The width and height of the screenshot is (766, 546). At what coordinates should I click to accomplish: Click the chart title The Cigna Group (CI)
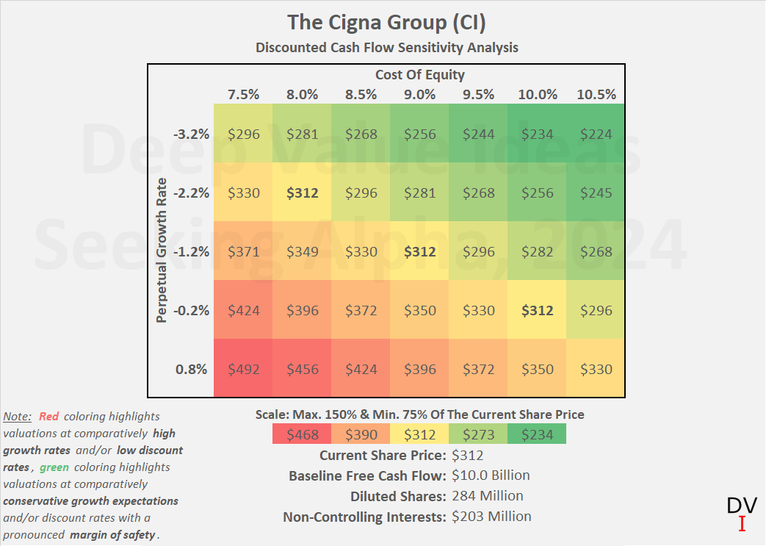(x=386, y=22)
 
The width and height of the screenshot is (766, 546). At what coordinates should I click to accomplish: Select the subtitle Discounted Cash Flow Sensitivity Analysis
(x=386, y=48)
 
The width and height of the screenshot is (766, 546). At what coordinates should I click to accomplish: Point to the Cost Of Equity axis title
(x=419, y=74)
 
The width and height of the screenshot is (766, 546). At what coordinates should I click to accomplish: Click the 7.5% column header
(x=243, y=94)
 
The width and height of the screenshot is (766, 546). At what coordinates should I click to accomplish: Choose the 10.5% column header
(x=596, y=94)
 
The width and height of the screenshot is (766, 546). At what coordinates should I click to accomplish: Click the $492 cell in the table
(x=243, y=369)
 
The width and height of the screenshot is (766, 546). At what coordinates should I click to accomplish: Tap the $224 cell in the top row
(x=596, y=134)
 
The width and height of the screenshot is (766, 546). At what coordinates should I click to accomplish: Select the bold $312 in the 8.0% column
(x=302, y=193)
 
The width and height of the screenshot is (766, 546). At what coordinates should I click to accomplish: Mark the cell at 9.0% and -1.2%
(x=419, y=251)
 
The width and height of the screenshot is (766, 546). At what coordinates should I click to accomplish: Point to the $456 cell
(x=302, y=369)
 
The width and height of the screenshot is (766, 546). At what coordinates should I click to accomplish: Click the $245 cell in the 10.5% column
(x=596, y=193)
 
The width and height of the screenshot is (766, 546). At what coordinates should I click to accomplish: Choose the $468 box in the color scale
(x=302, y=434)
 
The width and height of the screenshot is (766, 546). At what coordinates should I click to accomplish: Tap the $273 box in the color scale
(x=478, y=434)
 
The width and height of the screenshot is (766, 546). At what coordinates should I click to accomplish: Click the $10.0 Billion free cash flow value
(x=491, y=475)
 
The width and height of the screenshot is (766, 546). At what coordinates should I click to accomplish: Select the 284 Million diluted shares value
(x=488, y=496)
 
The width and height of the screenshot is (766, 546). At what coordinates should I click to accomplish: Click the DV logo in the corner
(x=741, y=513)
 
